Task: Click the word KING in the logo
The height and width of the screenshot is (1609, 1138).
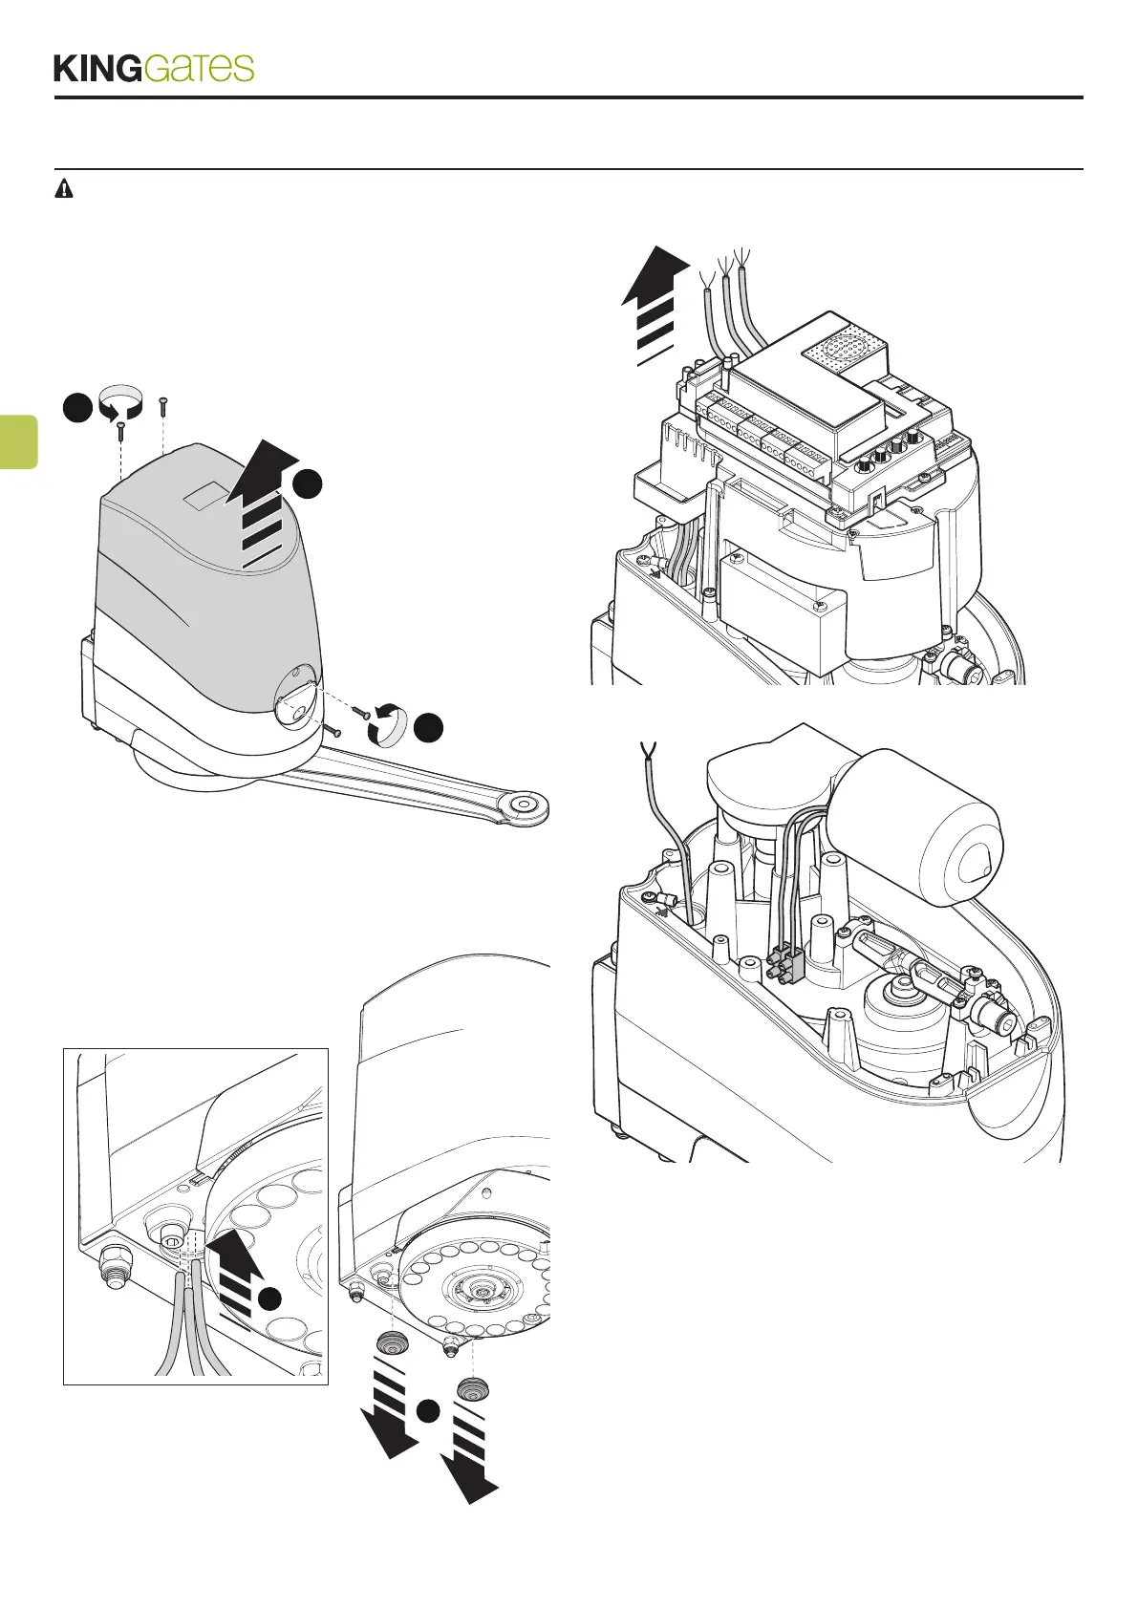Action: (x=97, y=69)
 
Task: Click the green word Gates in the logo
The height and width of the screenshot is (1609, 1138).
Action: (x=200, y=68)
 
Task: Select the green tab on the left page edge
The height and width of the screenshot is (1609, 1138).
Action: (x=18, y=441)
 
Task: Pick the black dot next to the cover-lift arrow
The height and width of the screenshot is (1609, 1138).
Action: (x=307, y=484)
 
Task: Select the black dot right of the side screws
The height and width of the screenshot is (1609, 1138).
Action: (x=429, y=725)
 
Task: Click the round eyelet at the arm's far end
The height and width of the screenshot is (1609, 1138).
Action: (x=525, y=805)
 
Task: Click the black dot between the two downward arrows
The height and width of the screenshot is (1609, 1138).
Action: (x=430, y=1409)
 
